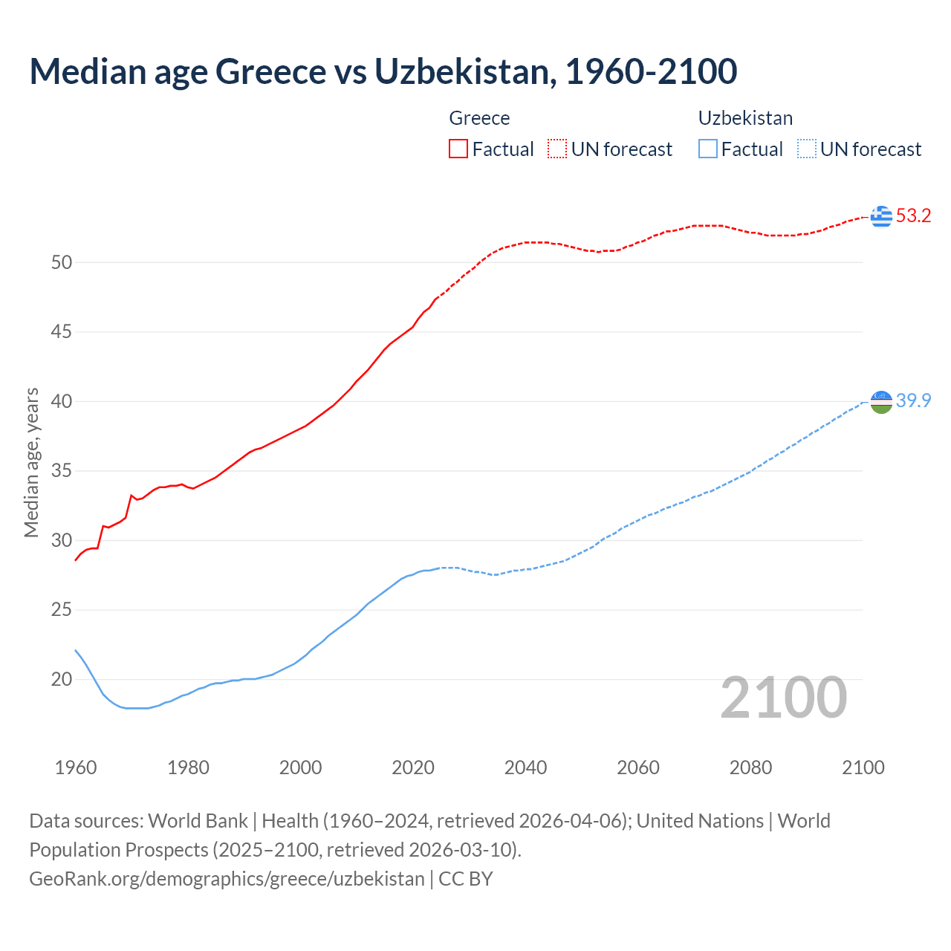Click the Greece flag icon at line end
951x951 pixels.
[x=881, y=216]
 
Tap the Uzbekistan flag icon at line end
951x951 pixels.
[x=881, y=401]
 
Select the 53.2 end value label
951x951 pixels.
[x=913, y=216]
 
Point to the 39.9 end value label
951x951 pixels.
[x=913, y=401]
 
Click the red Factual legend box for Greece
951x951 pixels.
[x=458, y=149]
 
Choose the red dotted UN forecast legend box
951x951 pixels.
[x=557, y=149]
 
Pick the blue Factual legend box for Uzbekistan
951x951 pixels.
[x=708, y=149]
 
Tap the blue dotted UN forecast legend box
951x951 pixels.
[x=807, y=149]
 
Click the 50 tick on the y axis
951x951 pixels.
[x=62, y=262]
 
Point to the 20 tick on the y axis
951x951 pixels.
[x=62, y=679]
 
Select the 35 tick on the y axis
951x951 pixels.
[x=62, y=471]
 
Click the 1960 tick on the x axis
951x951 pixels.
[x=76, y=767]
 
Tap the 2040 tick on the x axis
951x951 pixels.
[x=525, y=767]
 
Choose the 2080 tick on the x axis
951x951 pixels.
[x=750, y=767]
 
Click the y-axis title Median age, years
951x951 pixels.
[x=31, y=462]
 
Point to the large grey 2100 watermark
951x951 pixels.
[x=783, y=697]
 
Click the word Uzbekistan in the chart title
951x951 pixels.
[x=465, y=71]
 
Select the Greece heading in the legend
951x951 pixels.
[x=479, y=118]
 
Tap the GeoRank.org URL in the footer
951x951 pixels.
[x=227, y=878]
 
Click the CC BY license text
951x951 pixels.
[x=466, y=878]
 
